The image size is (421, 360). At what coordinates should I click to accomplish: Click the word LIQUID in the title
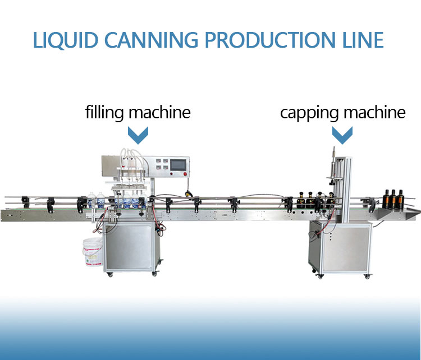(x=65, y=40)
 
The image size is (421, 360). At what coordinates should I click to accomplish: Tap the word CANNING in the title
(x=151, y=40)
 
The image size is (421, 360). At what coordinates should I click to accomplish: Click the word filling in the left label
(x=104, y=113)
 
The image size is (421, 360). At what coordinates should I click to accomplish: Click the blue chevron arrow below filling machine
(x=138, y=135)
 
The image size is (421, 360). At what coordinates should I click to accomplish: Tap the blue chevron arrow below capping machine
(x=342, y=135)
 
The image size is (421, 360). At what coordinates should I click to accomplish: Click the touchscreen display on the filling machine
(x=178, y=164)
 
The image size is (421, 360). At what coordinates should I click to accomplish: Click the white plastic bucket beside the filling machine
(x=93, y=252)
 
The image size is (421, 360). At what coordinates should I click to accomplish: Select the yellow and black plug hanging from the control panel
(x=189, y=193)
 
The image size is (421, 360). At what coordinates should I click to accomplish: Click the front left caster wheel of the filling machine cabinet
(x=109, y=274)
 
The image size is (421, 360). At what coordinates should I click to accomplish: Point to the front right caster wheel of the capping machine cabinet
(x=367, y=276)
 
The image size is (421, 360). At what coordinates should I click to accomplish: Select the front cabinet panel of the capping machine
(x=346, y=248)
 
